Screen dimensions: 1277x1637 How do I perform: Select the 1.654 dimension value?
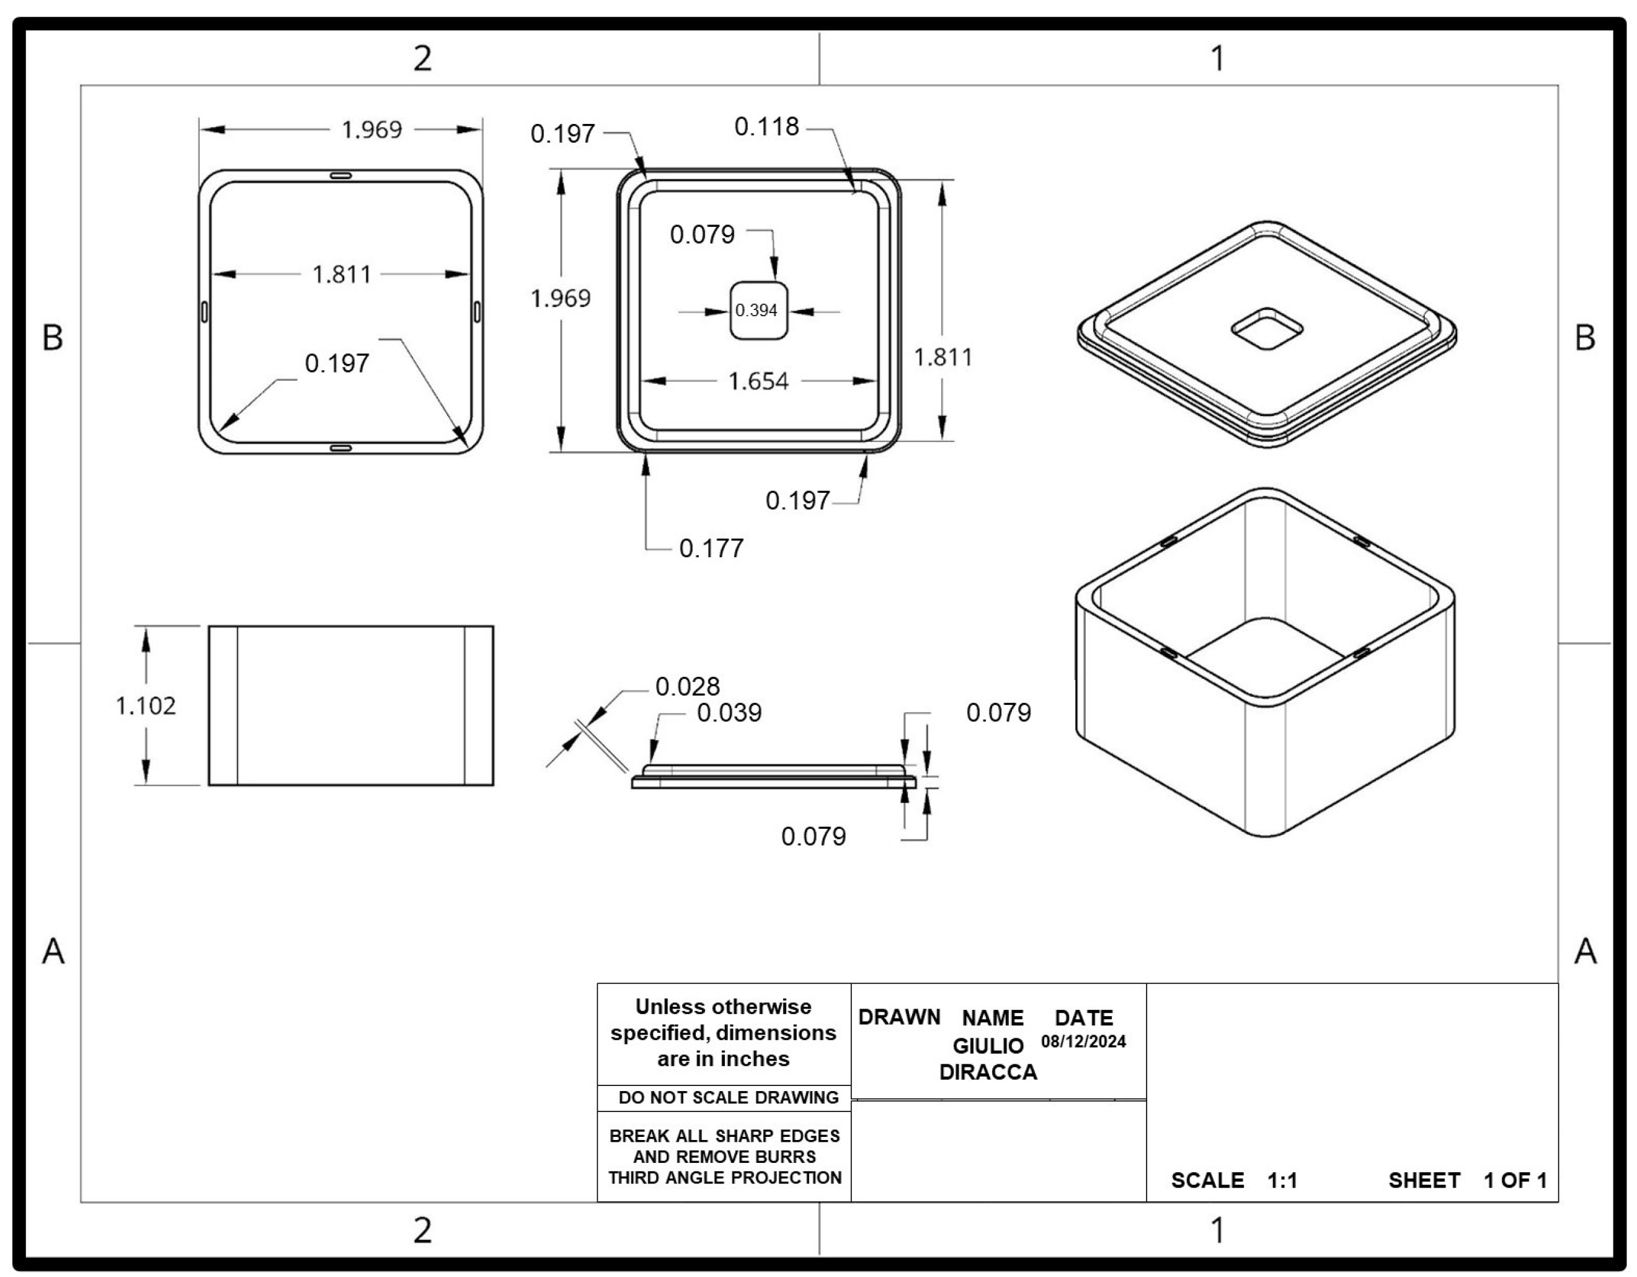click(758, 381)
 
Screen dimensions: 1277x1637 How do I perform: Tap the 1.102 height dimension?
click(146, 705)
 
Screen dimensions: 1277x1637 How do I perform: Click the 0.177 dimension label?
click(711, 549)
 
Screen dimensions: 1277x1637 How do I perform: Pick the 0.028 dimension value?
click(687, 686)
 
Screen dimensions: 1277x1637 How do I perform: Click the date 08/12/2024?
click(1083, 1041)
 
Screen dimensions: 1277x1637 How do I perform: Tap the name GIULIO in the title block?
click(988, 1045)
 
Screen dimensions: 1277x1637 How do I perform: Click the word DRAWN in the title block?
click(898, 1017)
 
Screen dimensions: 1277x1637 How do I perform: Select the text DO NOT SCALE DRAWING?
click(728, 1097)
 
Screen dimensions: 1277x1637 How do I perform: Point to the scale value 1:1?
click(1282, 1180)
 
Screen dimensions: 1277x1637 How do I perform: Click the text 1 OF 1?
click(1515, 1180)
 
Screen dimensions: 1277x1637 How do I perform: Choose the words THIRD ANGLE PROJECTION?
click(724, 1177)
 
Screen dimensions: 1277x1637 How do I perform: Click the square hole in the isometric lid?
click(1267, 329)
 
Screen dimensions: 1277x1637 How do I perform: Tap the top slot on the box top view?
click(340, 175)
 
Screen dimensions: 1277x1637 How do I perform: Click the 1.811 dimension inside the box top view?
click(341, 274)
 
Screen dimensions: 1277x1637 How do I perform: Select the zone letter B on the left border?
click(53, 337)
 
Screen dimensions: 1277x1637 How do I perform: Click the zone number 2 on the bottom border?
click(422, 1230)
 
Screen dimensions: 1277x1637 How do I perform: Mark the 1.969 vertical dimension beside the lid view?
click(561, 298)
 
